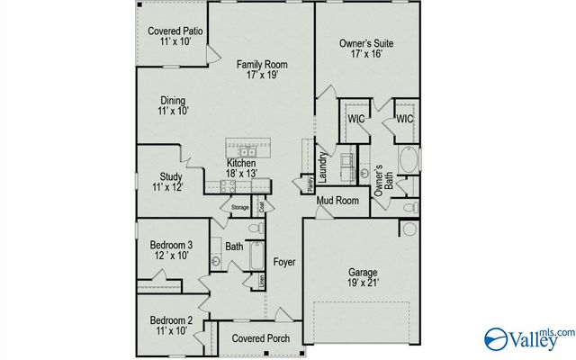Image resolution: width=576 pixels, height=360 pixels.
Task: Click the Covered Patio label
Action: click(175, 31)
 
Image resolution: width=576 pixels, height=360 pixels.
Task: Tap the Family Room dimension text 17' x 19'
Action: click(261, 76)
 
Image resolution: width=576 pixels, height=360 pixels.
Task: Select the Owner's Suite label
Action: click(366, 43)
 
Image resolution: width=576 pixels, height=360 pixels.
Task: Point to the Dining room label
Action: click(172, 100)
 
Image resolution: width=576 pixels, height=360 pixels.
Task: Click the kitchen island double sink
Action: click(244, 150)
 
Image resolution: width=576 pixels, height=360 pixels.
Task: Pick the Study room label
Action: click(171, 176)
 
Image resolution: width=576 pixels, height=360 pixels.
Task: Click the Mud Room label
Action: click(337, 200)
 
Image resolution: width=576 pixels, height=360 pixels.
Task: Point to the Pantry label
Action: click(308, 184)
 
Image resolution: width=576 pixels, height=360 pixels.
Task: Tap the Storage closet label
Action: click(239, 208)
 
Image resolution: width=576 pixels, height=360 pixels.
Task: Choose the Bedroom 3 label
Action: click(171, 245)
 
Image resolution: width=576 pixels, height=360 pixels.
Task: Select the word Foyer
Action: click(284, 262)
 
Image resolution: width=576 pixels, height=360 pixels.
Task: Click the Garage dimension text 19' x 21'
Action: click(363, 283)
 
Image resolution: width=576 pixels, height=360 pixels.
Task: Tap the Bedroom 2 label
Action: click(171, 320)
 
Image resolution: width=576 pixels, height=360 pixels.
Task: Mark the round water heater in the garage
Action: click(409, 229)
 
